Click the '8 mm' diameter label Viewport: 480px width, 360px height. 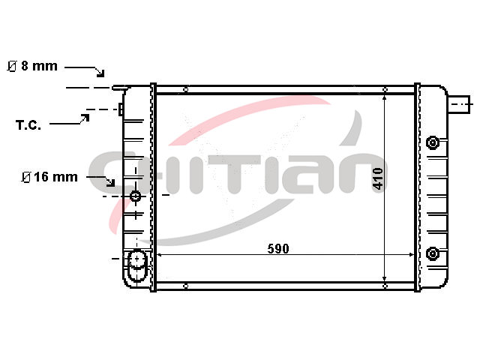click(x=39, y=66)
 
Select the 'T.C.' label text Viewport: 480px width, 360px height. click(x=28, y=125)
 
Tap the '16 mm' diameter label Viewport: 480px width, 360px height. click(x=55, y=177)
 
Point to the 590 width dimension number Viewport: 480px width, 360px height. click(x=278, y=248)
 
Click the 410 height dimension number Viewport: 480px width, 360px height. click(x=378, y=178)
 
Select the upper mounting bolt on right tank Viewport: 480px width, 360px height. click(x=432, y=142)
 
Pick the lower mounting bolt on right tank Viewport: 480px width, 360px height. click(x=432, y=253)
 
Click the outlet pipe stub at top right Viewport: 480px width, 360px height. click(x=458, y=104)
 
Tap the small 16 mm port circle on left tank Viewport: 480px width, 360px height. click(x=136, y=196)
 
